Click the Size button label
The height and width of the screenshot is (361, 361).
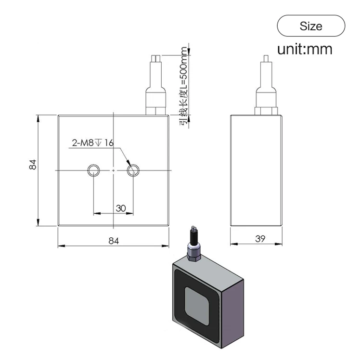311,26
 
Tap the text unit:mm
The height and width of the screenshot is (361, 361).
305,49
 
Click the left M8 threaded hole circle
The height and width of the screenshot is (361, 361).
93,169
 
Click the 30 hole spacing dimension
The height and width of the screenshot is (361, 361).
121,208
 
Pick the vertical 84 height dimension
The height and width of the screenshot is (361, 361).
33,165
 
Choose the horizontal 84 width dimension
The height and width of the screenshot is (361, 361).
113,241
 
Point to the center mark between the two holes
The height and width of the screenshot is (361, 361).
113,170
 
